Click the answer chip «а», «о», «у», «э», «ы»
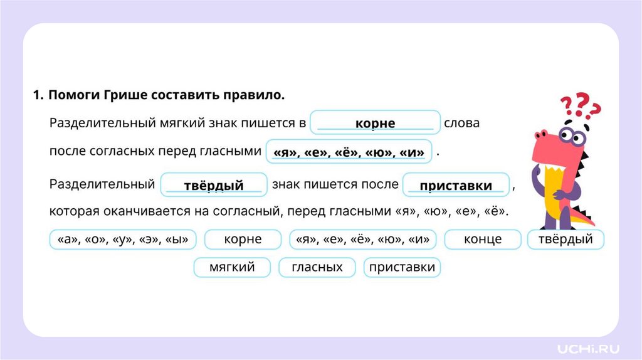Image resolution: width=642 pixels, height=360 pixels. click(123, 240)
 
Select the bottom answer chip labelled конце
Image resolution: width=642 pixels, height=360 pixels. click(482, 240)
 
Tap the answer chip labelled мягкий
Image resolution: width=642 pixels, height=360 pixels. click(232, 268)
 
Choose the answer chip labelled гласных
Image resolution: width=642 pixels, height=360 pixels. click(317, 268)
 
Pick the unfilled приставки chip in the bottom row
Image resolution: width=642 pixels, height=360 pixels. click(402, 268)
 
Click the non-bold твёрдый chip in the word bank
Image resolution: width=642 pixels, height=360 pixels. click(566, 240)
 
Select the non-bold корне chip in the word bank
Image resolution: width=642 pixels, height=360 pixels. click(242, 240)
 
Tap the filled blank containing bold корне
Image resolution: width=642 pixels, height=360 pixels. click(375, 124)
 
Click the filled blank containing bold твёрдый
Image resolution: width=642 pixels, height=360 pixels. click(214, 186)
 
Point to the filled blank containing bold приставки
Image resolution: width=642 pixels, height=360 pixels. click(456, 186)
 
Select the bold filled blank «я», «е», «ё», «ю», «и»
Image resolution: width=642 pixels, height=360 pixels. click(349, 152)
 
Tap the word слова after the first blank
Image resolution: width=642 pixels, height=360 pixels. click(461, 123)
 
